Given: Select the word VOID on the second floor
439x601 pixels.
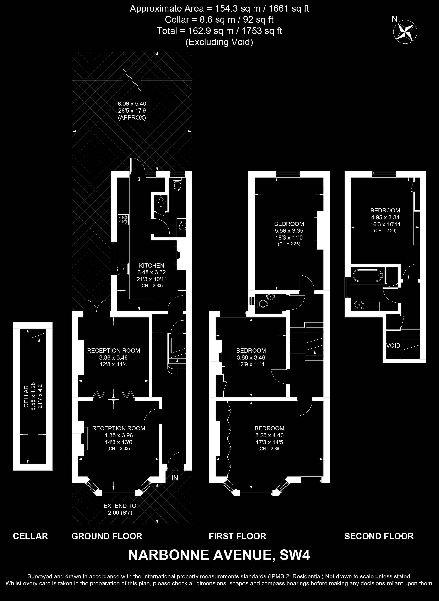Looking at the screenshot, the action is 393,345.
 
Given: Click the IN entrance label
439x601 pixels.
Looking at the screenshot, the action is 175,478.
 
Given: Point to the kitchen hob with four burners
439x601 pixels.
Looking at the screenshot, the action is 123,219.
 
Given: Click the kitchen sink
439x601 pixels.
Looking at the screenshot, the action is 123,269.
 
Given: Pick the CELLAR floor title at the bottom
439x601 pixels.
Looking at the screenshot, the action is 30,536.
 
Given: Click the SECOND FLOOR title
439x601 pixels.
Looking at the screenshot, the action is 379,536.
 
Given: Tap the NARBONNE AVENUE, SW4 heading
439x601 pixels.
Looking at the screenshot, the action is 219,555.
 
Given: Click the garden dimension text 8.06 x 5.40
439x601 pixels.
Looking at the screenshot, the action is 132,104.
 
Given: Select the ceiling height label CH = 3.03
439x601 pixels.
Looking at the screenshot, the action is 119,449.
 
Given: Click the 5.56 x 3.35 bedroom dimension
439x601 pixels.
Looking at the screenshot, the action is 289,231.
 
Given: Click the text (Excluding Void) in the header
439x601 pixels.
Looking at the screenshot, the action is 219,42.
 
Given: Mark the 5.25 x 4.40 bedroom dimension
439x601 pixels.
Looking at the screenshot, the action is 269,435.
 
